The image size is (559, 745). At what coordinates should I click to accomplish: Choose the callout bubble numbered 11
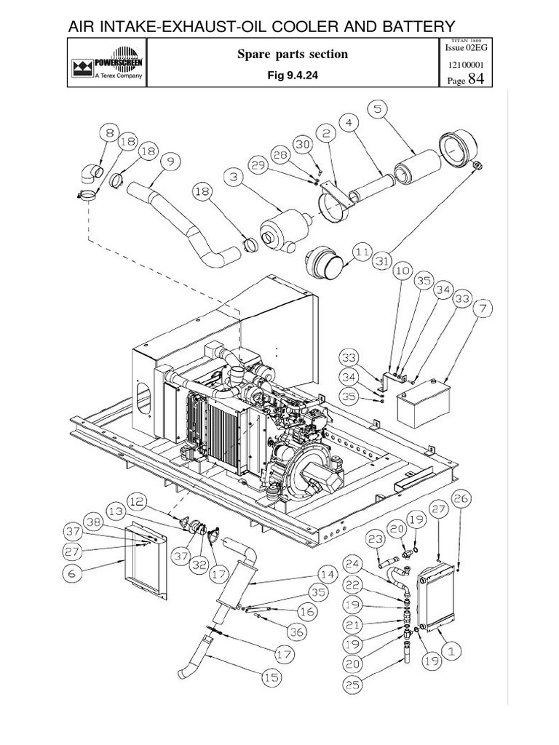coord(362,252)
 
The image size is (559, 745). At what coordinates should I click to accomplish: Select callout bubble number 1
coord(450,653)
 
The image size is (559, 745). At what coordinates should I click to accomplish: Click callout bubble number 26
coord(460,499)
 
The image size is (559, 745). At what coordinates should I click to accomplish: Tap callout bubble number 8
coord(110,134)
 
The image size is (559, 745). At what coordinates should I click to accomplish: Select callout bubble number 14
coord(327,574)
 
